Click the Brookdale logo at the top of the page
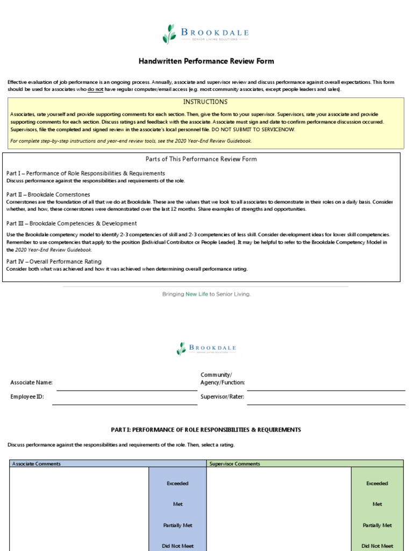point(206,33)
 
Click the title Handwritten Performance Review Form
point(206,61)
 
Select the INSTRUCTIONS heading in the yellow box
point(205,102)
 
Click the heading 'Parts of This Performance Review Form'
point(201,159)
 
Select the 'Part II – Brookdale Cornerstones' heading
point(48,194)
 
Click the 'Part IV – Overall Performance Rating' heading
point(54,262)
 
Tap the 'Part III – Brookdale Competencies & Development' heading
point(72,223)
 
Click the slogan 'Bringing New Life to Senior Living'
point(206,294)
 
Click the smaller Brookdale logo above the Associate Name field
point(206,349)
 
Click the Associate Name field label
point(31,383)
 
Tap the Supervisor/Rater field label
point(222,397)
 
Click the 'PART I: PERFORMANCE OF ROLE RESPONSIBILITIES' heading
point(206,430)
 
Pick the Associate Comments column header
point(37,464)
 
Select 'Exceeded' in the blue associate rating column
point(177,483)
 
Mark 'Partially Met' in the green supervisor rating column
point(377,525)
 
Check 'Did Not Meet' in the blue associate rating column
point(177,546)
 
